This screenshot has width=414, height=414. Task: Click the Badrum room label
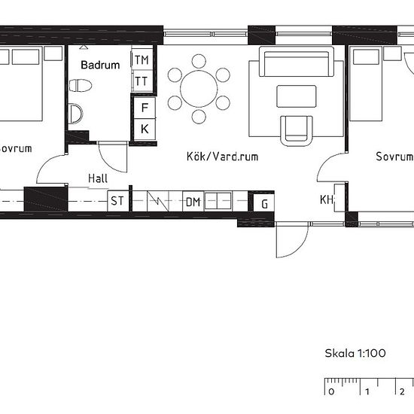click(x=100, y=65)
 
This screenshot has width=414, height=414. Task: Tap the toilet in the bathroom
click(x=81, y=85)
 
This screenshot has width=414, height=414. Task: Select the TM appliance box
click(x=142, y=59)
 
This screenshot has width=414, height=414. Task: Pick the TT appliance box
click(x=142, y=81)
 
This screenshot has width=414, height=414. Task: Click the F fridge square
click(x=145, y=108)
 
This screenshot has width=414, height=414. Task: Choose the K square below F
click(x=145, y=129)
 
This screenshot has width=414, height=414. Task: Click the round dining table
click(x=199, y=89)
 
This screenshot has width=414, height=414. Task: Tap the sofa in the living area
click(x=297, y=62)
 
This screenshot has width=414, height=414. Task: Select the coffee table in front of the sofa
click(x=297, y=96)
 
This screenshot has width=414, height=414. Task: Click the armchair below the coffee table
click(x=297, y=130)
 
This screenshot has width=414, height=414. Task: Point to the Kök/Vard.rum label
click(x=222, y=157)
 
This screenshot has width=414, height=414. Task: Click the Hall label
click(x=98, y=178)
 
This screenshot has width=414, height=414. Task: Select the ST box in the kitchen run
click(x=117, y=201)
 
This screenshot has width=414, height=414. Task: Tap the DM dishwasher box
click(x=193, y=202)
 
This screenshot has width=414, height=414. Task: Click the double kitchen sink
click(x=218, y=201)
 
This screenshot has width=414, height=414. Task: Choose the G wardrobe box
click(x=264, y=203)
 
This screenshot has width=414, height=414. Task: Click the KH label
click(x=327, y=200)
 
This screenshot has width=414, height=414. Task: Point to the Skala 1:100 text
click(x=355, y=353)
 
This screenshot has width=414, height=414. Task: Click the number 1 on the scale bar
click(x=367, y=391)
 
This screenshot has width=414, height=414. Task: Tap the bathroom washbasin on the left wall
click(x=75, y=114)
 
